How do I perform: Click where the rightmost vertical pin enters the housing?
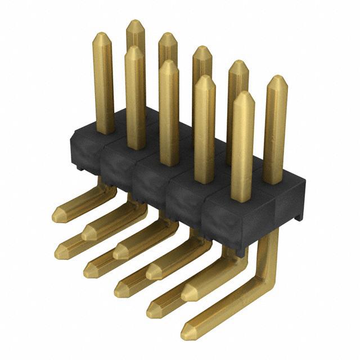coord(273,181)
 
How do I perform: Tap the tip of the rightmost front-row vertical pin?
coord(243,96)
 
